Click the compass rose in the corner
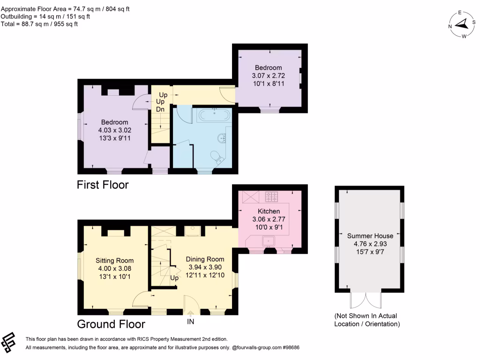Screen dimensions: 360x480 pyautogui.click(x=462, y=24)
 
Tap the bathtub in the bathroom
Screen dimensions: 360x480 pyautogui.click(x=213, y=115)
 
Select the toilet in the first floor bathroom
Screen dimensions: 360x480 pyautogui.click(x=217, y=157)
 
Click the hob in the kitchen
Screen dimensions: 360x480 pyautogui.click(x=272, y=196)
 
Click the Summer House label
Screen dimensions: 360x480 pyautogui.click(x=370, y=235)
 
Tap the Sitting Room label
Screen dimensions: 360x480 pyautogui.click(x=115, y=261)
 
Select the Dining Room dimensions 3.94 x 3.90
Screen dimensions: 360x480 pyautogui.click(x=205, y=267)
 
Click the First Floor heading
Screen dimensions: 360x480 pyautogui.click(x=102, y=185)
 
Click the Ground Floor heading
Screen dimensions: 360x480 pyautogui.click(x=111, y=324)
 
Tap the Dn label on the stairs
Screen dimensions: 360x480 pyautogui.click(x=160, y=109)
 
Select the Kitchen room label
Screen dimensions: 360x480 pyautogui.click(x=269, y=211)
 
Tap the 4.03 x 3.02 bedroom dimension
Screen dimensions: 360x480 pyautogui.click(x=113, y=130)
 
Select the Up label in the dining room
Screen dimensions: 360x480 pyautogui.click(x=174, y=277)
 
